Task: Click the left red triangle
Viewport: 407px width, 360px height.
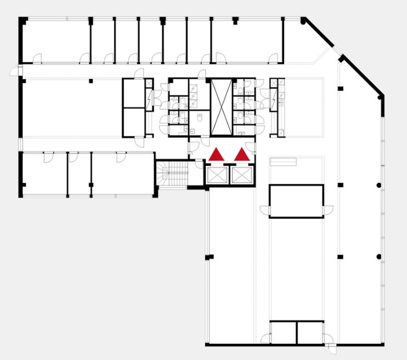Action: [216, 155]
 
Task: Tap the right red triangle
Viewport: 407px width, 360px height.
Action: [242, 155]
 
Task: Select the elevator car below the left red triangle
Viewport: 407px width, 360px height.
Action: [216, 175]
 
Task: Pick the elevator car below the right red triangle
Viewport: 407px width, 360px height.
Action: [242, 175]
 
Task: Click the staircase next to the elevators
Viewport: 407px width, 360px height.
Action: [172, 174]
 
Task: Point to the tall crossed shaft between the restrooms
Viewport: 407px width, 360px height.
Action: [221, 107]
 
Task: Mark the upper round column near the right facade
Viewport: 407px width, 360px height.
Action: [379, 185]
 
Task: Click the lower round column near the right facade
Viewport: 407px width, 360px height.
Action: [379, 257]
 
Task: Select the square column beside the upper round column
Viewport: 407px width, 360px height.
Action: [340, 185]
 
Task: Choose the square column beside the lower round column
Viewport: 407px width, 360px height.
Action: [340, 257]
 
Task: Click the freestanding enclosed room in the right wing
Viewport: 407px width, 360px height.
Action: [296, 201]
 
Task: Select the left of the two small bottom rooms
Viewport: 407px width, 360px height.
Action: [283, 332]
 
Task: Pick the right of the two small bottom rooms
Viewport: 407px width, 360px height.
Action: [310, 332]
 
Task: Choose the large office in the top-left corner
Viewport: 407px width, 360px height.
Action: [56, 40]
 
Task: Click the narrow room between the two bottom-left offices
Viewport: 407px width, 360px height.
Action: [80, 174]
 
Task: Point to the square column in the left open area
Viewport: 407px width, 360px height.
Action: [91, 82]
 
